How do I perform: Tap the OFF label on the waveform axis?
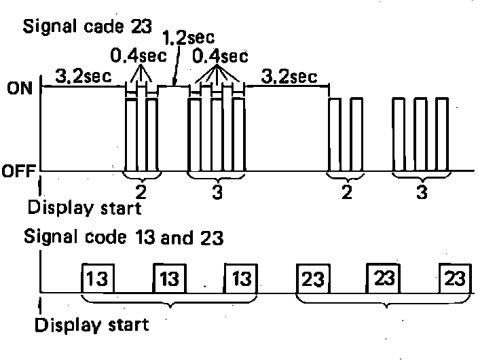point(17,170)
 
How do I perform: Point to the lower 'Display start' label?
point(91,324)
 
